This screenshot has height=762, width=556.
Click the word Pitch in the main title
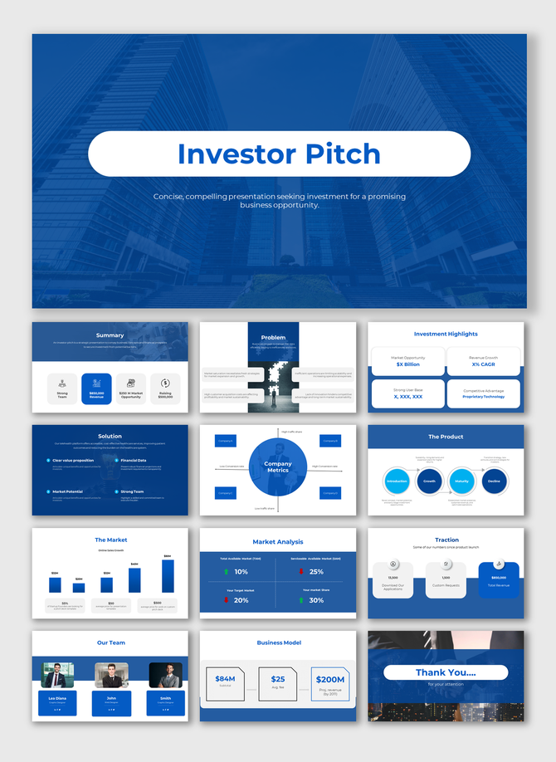coord(341,154)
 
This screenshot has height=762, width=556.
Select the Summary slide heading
coord(110,335)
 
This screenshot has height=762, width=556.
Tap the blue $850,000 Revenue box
coord(96,388)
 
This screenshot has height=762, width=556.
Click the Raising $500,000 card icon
coord(165,383)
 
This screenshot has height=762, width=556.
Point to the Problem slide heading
coord(273,337)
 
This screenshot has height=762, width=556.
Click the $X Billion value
coord(407,364)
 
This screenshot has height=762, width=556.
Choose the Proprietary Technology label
coord(483,397)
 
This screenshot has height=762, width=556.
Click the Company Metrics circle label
coord(278,467)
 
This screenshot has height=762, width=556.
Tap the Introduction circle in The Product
coord(397,481)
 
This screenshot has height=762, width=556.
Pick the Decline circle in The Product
coord(494,481)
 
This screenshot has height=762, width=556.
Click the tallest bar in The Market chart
coord(167,574)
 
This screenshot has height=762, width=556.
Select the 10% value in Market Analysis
coord(241,572)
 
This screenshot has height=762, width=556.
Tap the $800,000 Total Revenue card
coord(499,579)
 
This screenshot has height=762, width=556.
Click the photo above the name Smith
coord(165,675)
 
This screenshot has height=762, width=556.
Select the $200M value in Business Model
coord(330,680)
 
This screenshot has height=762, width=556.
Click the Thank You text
coord(446,672)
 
